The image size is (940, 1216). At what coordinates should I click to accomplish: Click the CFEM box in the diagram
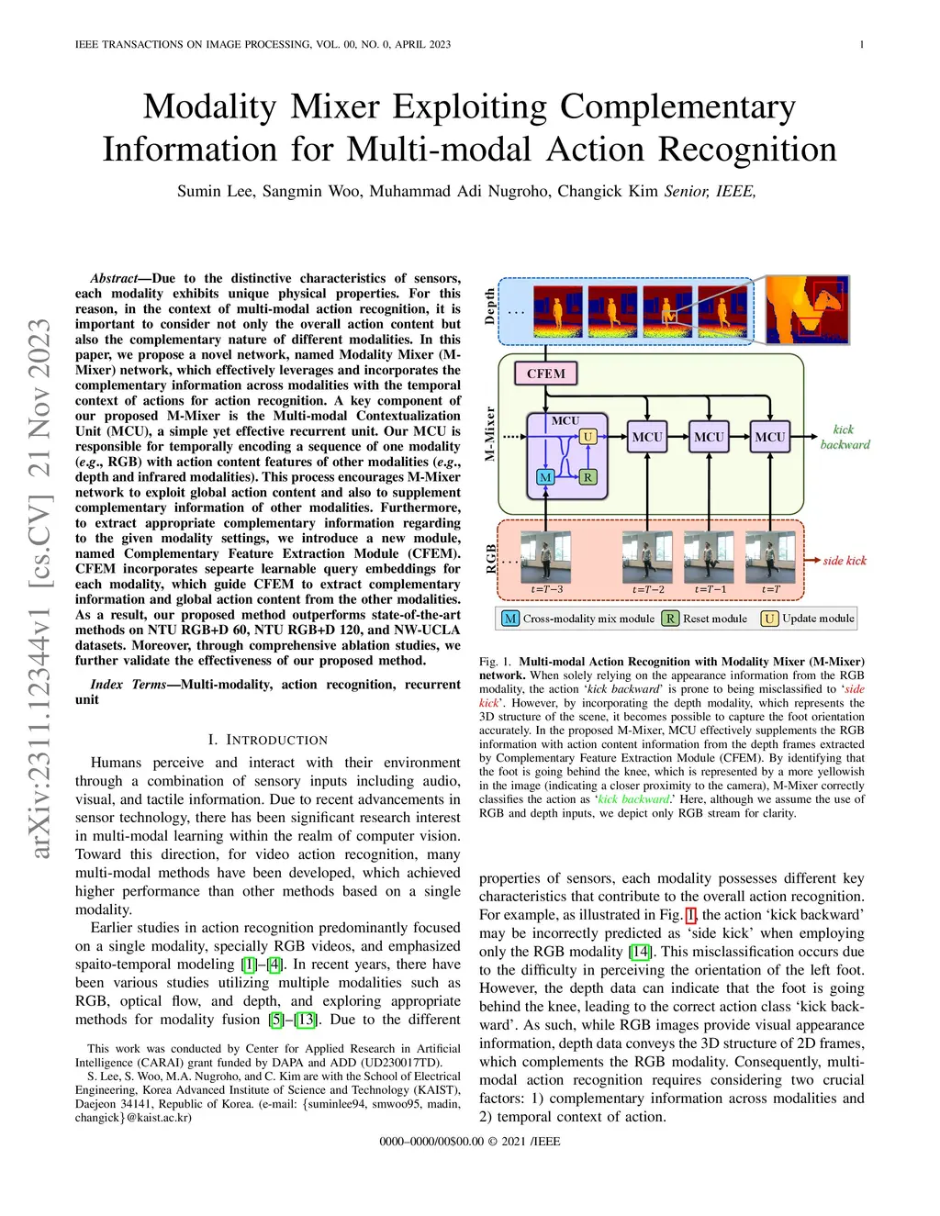[x=545, y=374]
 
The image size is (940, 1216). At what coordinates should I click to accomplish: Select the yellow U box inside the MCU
[x=588, y=437]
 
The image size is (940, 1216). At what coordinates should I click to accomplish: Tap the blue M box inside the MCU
[x=545, y=477]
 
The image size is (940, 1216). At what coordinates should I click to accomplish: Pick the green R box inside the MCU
[x=587, y=477]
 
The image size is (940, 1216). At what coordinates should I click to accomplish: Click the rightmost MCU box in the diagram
[x=769, y=437]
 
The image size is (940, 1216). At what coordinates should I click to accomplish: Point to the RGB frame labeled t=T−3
[x=546, y=556]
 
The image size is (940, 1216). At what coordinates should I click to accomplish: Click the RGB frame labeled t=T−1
[x=710, y=556]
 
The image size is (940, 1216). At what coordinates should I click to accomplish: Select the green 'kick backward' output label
[x=845, y=437]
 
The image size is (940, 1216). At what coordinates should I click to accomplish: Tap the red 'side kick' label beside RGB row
[x=845, y=561]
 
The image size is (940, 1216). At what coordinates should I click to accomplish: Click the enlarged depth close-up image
[x=807, y=310]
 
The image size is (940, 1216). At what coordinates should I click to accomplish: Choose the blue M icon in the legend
[x=510, y=619]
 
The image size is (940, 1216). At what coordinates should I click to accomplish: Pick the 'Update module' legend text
[x=818, y=619]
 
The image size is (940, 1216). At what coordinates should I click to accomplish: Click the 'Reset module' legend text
[x=715, y=619]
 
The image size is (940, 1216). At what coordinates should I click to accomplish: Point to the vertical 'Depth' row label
[x=490, y=307]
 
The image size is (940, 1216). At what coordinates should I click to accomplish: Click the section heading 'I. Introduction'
[x=267, y=740]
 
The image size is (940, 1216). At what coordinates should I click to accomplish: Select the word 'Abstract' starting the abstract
[x=114, y=278]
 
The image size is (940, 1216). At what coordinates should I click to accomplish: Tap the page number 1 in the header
[x=861, y=44]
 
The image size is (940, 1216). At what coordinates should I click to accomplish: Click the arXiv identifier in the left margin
[x=39, y=587]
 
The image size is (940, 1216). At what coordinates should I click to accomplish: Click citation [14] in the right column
[x=640, y=952]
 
